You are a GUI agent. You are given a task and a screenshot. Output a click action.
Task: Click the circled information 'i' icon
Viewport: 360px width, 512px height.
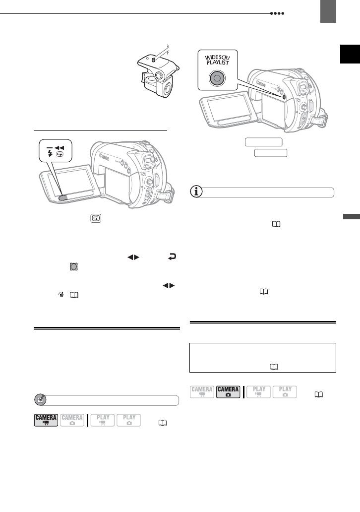pyautogui.click(x=198, y=192)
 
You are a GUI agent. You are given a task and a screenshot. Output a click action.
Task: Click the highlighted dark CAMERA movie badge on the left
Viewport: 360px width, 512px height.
pyautogui.click(x=46, y=420)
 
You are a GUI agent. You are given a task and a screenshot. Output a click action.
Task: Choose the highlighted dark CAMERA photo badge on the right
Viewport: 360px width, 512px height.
pyautogui.click(x=228, y=392)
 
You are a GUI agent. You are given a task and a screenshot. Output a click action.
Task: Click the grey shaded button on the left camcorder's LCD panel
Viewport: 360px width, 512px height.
pyautogui.click(x=63, y=198)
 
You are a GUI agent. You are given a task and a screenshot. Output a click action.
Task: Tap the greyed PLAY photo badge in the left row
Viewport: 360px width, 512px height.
pyautogui.click(x=129, y=420)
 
